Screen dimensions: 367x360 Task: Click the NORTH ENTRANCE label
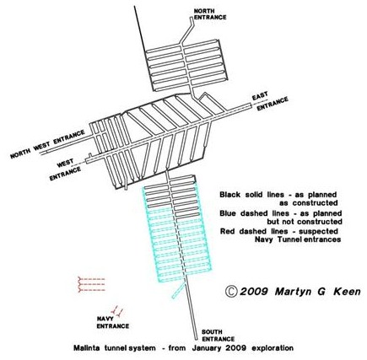pyautogui.click(x=210, y=14)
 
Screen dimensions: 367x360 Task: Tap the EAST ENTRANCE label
pyautogui.click(x=270, y=100)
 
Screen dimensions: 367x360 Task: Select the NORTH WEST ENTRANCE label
pyautogui.click(x=47, y=144)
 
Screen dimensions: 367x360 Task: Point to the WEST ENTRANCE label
pyautogui.click(x=65, y=169)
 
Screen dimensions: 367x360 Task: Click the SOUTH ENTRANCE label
pyautogui.click(x=218, y=336)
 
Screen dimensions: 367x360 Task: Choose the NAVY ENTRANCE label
pyautogui.click(x=113, y=322)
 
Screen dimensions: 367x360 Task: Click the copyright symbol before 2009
pyautogui.click(x=231, y=292)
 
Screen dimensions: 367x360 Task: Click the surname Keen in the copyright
pyautogui.click(x=348, y=292)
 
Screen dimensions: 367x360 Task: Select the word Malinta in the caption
pyautogui.click(x=87, y=348)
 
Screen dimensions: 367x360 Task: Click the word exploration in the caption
pyautogui.click(x=273, y=348)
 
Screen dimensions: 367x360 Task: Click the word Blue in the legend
pyautogui.click(x=228, y=213)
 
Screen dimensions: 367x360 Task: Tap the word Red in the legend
pyautogui.click(x=227, y=231)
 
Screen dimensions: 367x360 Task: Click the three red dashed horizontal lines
pyautogui.click(x=91, y=284)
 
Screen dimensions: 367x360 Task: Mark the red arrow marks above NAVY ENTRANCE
pyautogui.click(x=117, y=311)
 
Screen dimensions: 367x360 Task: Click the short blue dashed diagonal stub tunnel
pyautogui.click(x=179, y=290)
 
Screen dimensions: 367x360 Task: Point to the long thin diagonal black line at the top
pyautogui.click(x=140, y=30)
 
